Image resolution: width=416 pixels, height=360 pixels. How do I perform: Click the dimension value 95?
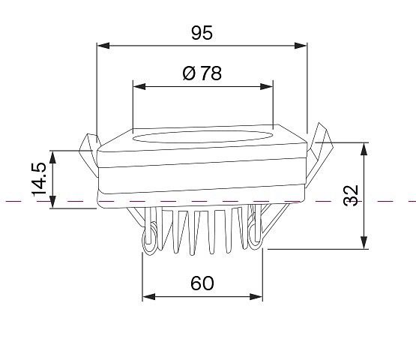coord(202,33)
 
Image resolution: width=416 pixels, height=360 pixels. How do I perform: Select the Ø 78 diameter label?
coord(202,73)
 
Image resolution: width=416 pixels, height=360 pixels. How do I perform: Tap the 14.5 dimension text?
coord(39,179)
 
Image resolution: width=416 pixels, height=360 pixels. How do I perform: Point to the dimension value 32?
coord(351,196)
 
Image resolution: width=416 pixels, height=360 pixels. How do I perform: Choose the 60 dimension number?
coord(202,283)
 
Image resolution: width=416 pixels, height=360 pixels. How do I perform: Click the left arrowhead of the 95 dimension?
coord(103,46)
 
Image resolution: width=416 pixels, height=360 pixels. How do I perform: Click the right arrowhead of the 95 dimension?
coord(301,46)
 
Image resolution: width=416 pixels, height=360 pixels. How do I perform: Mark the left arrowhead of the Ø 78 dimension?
coord(139,86)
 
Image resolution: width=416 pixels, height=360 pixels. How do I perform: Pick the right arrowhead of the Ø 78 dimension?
coord(267,86)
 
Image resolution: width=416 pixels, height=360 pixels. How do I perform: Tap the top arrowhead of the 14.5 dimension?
coord(53,157)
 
